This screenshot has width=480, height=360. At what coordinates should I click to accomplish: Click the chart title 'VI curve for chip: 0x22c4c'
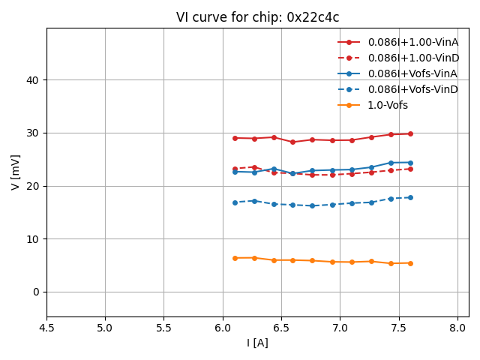click(x=257, y=17)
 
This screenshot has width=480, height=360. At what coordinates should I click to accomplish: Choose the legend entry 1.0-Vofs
click(x=388, y=105)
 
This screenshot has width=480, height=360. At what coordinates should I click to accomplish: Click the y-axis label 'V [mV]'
click(x=16, y=172)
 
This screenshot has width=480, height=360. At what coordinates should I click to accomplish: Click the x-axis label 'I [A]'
click(x=257, y=343)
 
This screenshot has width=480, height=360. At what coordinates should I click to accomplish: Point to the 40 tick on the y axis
click(x=33, y=80)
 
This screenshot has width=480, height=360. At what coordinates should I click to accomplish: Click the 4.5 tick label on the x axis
click(x=46, y=328)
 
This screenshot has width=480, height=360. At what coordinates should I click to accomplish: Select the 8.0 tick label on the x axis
click(x=457, y=328)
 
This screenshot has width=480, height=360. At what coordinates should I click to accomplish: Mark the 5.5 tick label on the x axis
click(x=163, y=328)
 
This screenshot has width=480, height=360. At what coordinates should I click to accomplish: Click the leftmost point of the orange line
click(x=235, y=258)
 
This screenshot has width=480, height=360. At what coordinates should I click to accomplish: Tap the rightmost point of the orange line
click(x=410, y=263)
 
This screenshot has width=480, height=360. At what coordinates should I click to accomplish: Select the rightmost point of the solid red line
click(x=410, y=133)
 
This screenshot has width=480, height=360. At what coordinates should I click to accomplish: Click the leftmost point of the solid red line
click(x=235, y=138)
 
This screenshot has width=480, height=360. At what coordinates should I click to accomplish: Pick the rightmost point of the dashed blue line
click(x=410, y=197)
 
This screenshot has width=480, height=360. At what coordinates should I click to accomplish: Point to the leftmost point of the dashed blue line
click(x=235, y=202)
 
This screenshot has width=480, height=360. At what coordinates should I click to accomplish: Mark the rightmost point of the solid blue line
click(x=410, y=162)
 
